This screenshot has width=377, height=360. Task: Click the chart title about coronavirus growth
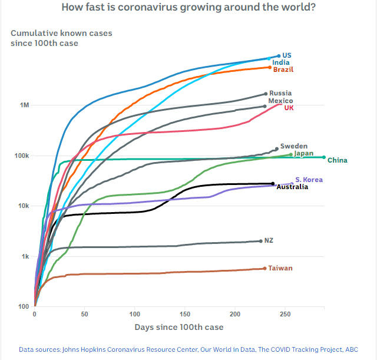click(188, 8)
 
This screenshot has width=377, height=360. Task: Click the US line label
click(287, 55)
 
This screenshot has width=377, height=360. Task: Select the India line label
click(280, 62)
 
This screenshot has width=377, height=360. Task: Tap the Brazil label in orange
click(283, 70)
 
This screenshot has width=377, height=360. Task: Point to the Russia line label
click(280, 93)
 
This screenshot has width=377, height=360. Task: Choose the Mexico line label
click(280, 101)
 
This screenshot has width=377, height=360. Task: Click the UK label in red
click(289, 108)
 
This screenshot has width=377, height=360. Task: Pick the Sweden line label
click(293, 146)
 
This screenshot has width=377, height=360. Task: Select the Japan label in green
click(303, 154)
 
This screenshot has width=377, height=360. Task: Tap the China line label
click(337, 160)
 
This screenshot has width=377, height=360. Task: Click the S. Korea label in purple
click(309, 180)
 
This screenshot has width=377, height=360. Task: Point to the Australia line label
click(292, 187)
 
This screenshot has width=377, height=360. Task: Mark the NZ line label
click(269, 240)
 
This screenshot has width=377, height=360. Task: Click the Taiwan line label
click(280, 268)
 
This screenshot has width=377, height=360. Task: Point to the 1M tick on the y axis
click(25, 105)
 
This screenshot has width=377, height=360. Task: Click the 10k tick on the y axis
click(24, 206)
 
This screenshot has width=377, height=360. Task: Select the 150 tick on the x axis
click(185, 315)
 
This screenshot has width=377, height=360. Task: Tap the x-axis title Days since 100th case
click(179, 327)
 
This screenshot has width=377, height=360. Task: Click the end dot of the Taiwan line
click(264, 268)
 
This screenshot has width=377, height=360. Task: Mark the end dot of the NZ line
click(261, 240)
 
